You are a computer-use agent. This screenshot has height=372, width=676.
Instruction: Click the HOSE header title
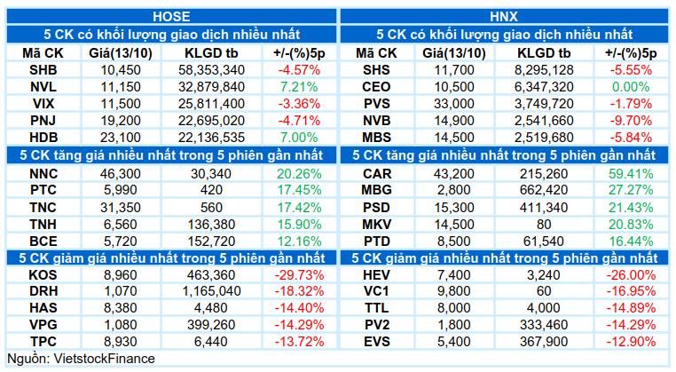tap(171, 16)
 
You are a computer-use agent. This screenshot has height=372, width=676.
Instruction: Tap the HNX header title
tap(504, 16)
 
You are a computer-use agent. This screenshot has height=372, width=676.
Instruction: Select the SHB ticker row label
tap(43, 70)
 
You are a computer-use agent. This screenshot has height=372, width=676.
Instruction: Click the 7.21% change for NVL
tap(299, 87)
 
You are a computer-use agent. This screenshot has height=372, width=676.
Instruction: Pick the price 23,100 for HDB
tap(121, 138)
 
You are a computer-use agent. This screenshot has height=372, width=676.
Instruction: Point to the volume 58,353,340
tap(211, 70)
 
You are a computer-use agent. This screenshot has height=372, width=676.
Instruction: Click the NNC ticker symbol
tap(43, 173)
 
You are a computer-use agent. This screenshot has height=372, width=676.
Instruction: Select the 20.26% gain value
tap(299, 173)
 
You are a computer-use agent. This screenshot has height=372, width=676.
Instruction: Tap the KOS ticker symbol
tap(43, 275)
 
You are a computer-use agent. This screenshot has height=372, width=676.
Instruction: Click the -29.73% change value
tap(299, 275)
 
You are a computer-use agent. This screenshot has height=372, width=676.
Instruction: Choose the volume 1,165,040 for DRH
tap(211, 291)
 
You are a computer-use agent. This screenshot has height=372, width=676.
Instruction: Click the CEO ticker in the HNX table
tap(376, 87)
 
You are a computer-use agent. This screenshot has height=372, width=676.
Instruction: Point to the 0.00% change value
tap(630, 87)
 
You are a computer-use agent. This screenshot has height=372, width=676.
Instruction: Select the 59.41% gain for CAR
tap(631, 173)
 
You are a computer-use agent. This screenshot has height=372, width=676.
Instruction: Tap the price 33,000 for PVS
tap(453, 104)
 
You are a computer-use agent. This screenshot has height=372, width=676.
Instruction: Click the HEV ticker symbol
tap(376, 275)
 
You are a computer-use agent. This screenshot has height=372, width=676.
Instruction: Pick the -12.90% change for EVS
tap(631, 341)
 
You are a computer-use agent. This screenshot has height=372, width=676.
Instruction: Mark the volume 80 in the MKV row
tap(544, 224)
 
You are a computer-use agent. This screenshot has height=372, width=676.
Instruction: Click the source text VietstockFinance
tap(104, 359)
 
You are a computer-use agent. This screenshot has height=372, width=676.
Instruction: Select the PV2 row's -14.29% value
tap(631, 325)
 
